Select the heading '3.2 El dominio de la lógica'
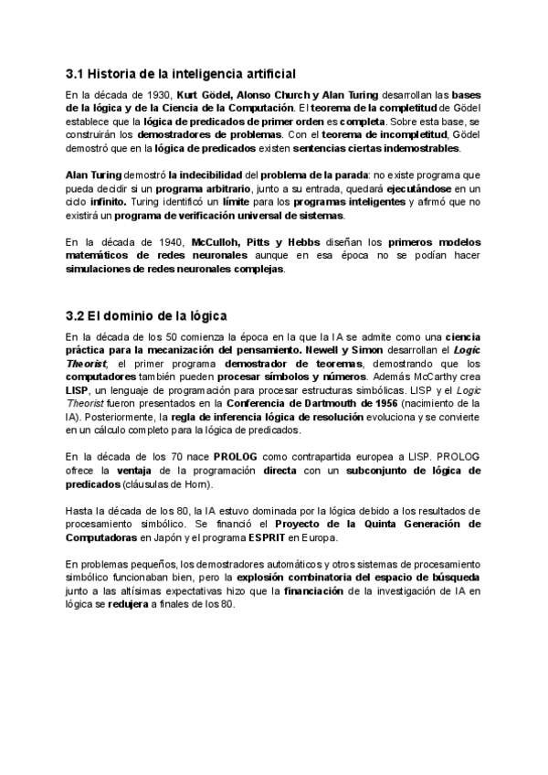pos(147,316)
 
